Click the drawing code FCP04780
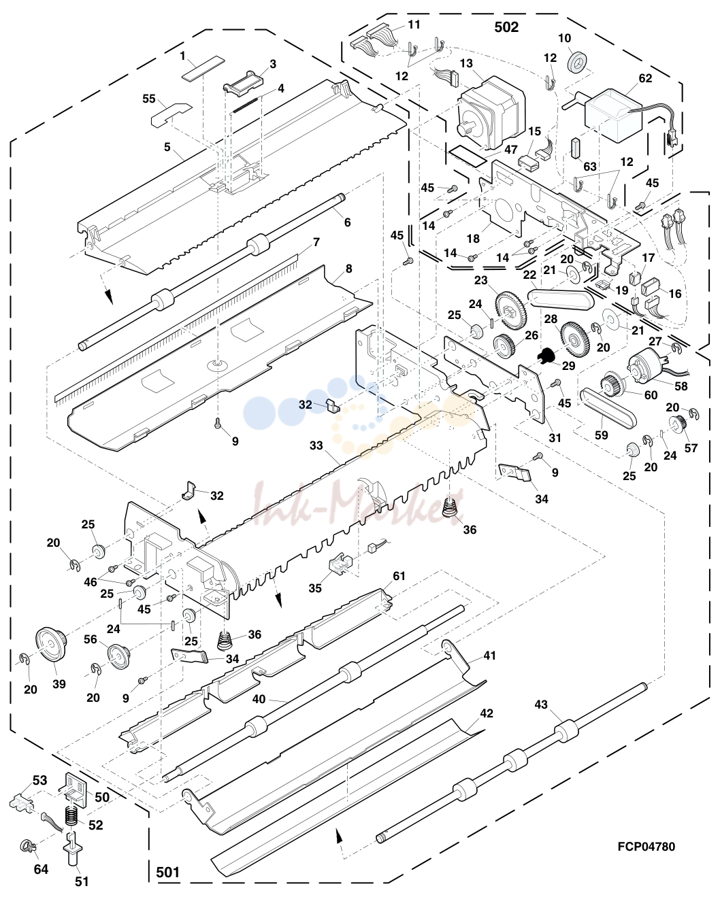pyautogui.click(x=646, y=847)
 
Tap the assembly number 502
pyautogui.click(x=506, y=27)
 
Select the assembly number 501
pyautogui.click(x=167, y=872)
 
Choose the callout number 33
pyautogui.click(x=316, y=445)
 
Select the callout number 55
pyautogui.click(x=149, y=99)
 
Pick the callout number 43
pyautogui.click(x=540, y=705)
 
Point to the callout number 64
pyautogui.click(x=41, y=869)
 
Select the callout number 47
pyautogui.click(x=511, y=149)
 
